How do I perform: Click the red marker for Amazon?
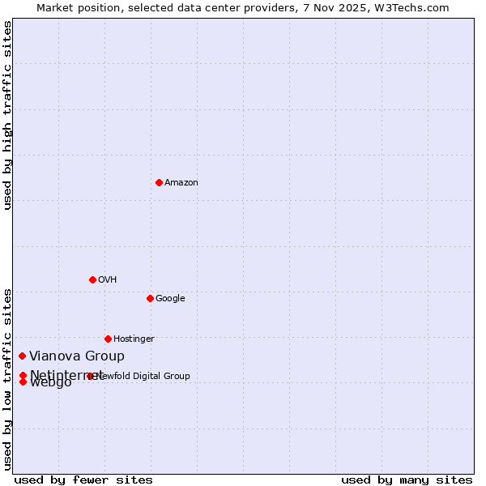[x=159, y=182]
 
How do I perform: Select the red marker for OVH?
[x=92, y=279]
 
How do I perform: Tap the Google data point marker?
[x=150, y=298]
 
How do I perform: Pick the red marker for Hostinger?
[x=108, y=339]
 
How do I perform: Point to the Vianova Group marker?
[x=23, y=356]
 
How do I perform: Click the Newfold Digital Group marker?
[x=90, y=376]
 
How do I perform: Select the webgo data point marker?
[x=23, y=382]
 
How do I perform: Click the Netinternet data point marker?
[x=23, y=375]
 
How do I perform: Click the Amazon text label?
[x=181, y=183]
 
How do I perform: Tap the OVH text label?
[x=107, y=280]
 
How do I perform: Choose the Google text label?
[x=170, y=299]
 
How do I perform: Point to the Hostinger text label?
[x=134, y=339]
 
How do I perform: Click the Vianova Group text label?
[x=77, y=356]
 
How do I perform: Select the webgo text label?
[x=51, y=383]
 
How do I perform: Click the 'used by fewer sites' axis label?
[x=83, y=480]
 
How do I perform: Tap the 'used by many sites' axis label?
[x=407, y=480]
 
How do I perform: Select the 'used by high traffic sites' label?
[x=8, y=116]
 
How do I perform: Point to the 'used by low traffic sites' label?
[x=8, y=378]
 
